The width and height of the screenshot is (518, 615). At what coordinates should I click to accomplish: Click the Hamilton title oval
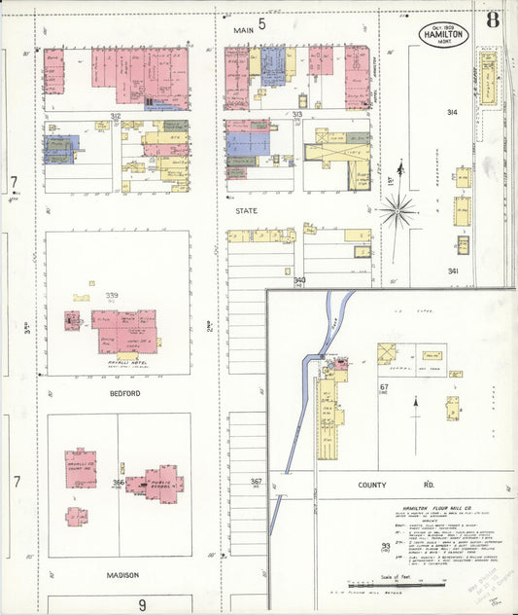[445, 34]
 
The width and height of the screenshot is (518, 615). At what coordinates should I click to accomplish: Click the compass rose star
[397, 209]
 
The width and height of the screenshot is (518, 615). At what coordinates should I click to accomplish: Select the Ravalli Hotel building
[123, 333]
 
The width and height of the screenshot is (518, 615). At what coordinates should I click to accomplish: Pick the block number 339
[113, 296]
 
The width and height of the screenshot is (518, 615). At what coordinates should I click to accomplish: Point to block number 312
[116, 116]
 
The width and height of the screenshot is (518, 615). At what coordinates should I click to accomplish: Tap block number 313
[296, 115]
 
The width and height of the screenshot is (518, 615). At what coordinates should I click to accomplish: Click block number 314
[452, 113]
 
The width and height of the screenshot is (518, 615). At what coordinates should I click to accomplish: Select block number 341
[453, 271]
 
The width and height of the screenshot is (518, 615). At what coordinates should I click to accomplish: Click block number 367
[256, 482]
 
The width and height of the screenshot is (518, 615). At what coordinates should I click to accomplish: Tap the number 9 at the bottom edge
[141, 604]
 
